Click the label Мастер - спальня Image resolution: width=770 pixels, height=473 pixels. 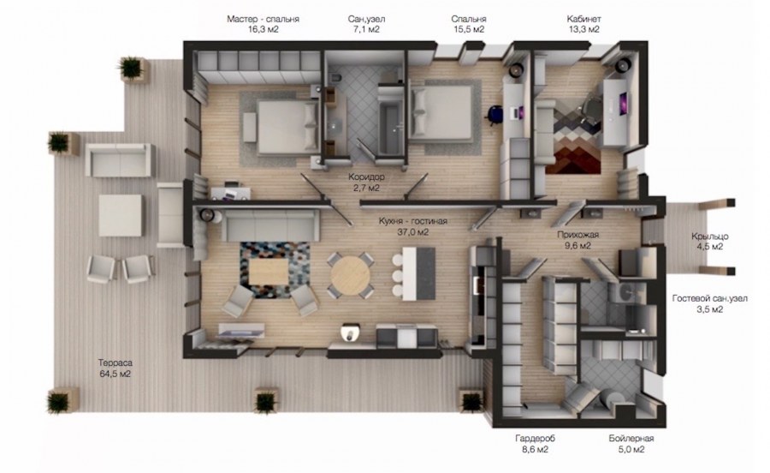(x=263, y=19)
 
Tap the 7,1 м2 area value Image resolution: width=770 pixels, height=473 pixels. (x=366, y=29)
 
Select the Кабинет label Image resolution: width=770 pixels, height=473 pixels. (x=583, y=19)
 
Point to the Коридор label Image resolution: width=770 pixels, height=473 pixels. (x=366, y=177)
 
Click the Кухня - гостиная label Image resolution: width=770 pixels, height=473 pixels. (x=413, y=221)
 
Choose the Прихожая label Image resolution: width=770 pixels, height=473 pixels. (x=578, y=235)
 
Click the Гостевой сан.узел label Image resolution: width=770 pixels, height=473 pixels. (x=709, y=298)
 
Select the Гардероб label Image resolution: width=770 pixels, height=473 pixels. (x=535, y=438)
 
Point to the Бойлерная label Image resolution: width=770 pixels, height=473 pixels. (x=631, y=438)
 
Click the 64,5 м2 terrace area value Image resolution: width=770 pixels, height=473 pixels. (x=115, y=374)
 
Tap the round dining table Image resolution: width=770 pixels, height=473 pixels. (x=350, y=275)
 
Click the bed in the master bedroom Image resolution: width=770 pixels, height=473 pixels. (x=282, y=126)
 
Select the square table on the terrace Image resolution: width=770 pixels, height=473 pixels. (x=121, y=215)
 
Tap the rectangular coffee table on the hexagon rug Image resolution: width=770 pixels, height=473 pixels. (x=268, y=271)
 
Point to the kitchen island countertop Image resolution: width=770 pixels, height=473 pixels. (x=419, y=273)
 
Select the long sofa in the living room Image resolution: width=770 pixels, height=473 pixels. (x=270, y=225)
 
